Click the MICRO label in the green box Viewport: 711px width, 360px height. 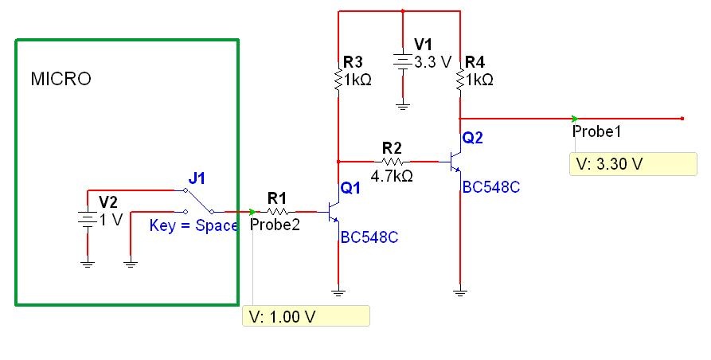(61, 80)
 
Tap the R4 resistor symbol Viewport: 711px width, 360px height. (460, 80)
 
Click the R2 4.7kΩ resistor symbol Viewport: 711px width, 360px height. (393, 162)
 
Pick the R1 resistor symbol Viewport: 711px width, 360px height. (277, 212)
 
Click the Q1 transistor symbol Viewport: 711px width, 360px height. (334, 212)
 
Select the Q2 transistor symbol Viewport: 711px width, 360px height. (455, 162)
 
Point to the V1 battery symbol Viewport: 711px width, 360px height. (404, 61)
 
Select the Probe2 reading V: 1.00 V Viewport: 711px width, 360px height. (306, 316)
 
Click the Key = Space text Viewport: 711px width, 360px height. (193, 225)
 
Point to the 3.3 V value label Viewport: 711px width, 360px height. (434, 62)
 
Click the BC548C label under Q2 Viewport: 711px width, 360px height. (490, 188)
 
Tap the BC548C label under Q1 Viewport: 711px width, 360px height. (369, 237)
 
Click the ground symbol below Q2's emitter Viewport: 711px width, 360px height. (459, 292)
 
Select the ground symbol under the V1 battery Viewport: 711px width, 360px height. (404, 104)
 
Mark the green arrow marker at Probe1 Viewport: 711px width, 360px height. (576, 119)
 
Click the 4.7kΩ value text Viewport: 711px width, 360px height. (392, 176)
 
